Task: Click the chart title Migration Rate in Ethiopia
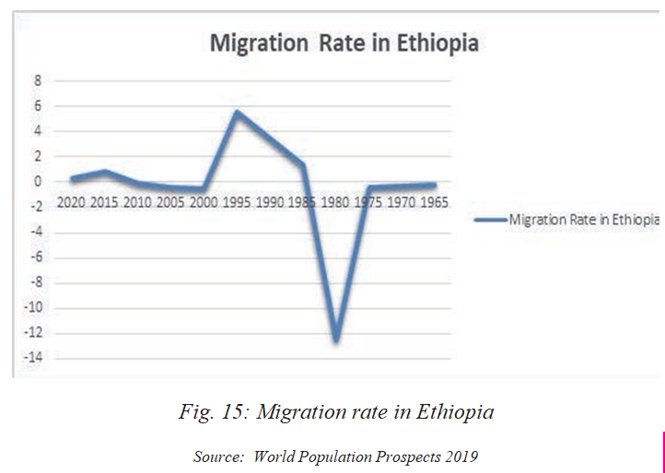tap(344, 43)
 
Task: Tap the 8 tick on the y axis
tap(39, 80)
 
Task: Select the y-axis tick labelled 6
tap(39, 106)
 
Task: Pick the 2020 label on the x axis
tap(72, 202)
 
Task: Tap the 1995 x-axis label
tap(235, 202)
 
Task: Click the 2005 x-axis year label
tap(169, 202)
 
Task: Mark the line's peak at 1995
tap(237, 112)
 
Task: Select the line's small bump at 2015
tap(105, 171)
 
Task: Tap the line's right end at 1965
tap(433, 185)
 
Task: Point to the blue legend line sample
tap(488, 219)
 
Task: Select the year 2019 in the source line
tap(458, 456)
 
